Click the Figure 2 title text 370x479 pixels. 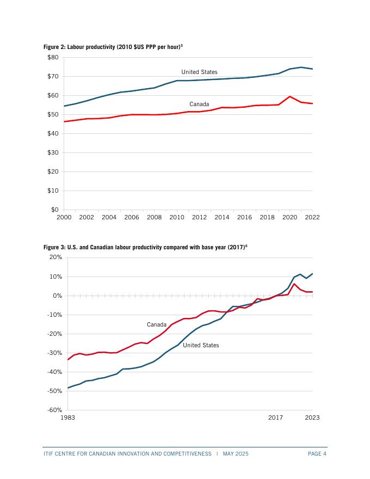113,47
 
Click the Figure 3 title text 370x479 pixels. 145,248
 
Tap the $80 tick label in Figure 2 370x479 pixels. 53,57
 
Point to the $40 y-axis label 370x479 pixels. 53,133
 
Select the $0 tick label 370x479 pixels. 54,210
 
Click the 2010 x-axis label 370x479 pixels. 176,217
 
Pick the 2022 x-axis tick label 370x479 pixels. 312,217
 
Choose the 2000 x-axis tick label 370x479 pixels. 64,217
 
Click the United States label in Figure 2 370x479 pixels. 199,72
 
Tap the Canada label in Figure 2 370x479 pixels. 199,104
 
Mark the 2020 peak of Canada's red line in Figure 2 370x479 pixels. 290,96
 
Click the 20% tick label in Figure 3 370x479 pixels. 55,257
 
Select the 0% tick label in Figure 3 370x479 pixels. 57,296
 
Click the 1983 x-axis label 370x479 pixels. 67,417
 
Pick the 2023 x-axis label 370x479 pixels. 312,417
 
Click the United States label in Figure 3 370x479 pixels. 201,345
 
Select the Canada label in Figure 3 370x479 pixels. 157,324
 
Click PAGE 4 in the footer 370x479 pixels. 317,453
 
